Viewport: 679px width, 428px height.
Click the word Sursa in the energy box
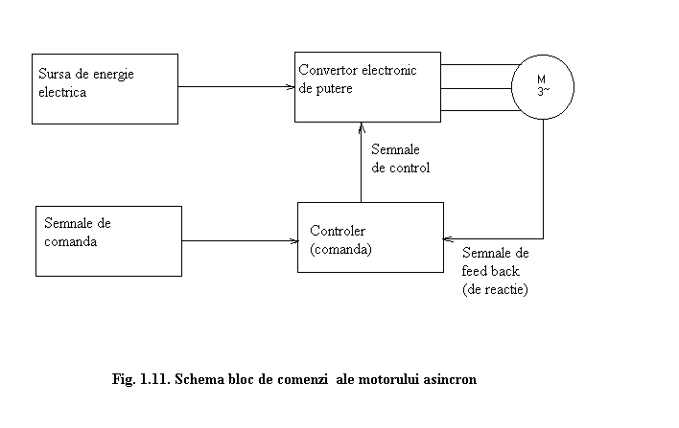point(54,74)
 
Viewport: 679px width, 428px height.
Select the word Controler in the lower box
point(338,231)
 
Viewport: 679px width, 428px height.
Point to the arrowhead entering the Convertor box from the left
point(291,87)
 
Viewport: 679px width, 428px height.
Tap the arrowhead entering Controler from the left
point(294,240)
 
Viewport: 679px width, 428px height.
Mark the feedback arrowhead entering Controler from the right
point(448,238)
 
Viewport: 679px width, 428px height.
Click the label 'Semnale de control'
point(401,159)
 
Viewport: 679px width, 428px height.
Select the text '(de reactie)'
point(495,289)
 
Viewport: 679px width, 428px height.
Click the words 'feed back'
point(490,271)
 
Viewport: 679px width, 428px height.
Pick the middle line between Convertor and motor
point(477,89)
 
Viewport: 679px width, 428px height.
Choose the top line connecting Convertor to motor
point(480,65)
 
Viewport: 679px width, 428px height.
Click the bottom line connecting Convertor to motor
point(480,111)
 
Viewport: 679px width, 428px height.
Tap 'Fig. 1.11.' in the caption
point(141,379)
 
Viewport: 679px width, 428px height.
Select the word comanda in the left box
point(70,241)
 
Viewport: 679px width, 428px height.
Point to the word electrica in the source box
point(62,92)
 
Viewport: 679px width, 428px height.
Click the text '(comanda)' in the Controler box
point(340,250)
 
